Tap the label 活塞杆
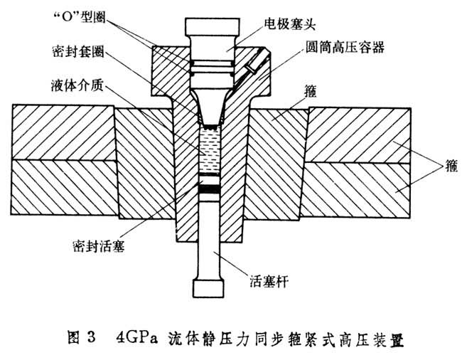click(262, 282)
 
